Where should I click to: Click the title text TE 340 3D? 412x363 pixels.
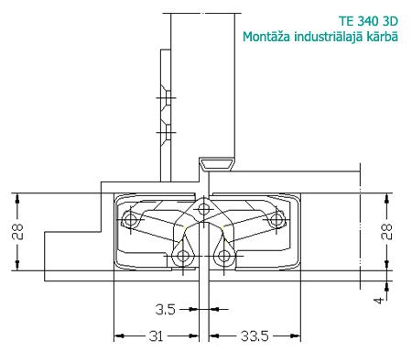point(368,21)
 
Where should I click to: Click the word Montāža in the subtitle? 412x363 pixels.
point(266,37)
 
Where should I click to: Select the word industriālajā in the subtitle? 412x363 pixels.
point(329,37)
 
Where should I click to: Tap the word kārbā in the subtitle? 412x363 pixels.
point(383,37)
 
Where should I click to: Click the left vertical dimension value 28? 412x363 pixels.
point(17,232)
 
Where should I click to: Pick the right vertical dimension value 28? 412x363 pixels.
point(386,232)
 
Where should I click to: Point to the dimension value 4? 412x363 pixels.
point(379,301)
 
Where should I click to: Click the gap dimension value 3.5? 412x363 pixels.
point(165,310)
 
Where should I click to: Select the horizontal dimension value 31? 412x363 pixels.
point(156,336)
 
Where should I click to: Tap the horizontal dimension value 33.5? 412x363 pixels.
point(255,336)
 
